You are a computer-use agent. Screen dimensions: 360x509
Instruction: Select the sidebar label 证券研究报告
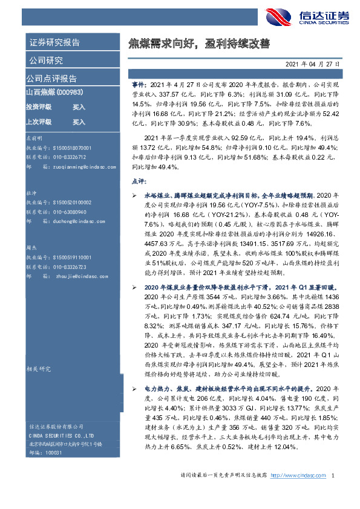tap(54, 43)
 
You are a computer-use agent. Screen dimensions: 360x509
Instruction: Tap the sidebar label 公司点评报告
tap(51, 78)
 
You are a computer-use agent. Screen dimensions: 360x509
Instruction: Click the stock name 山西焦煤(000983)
tap(55, 92)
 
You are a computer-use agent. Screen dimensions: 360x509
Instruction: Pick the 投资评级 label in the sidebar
tap(39, 107)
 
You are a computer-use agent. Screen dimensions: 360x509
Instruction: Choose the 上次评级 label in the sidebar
tap(39, 122)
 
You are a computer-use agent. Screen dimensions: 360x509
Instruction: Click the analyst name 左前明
tap(35, 138)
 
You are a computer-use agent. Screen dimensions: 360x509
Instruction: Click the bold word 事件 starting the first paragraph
tap(137, 86)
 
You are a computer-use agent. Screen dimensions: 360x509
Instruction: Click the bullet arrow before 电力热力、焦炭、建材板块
tap(135, 387)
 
